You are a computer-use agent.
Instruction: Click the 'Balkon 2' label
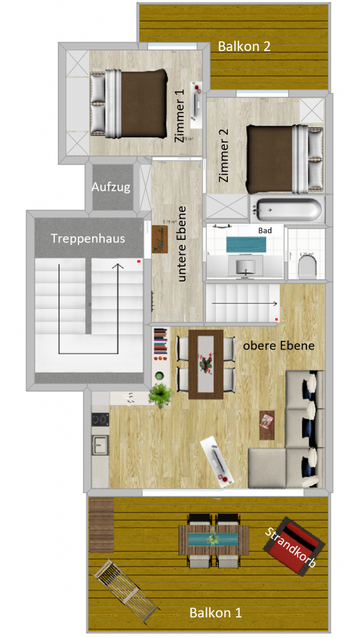pyautogui.click(x=244, y=46)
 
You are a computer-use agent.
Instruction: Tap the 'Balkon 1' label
pyautogui.click(x=216, y=612)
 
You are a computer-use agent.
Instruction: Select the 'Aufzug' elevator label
pyautogui.click(x=111, y=187)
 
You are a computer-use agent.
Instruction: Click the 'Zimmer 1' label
pyautogui.click(x=180, y=116)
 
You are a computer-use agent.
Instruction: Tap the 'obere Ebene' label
pyautogui.click(x=278, y=345)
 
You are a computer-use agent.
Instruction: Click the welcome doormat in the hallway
pyautogui.click(x=160, y=240)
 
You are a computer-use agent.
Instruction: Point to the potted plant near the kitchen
pyautogui.click(x=161, y=394)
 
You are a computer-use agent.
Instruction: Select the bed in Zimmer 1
pyautogui.click(x=130, y=103)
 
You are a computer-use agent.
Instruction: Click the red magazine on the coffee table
pyautogui.click(x=268, y=422)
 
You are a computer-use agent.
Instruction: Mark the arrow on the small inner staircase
pyautogui.click(x=244, y=303)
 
